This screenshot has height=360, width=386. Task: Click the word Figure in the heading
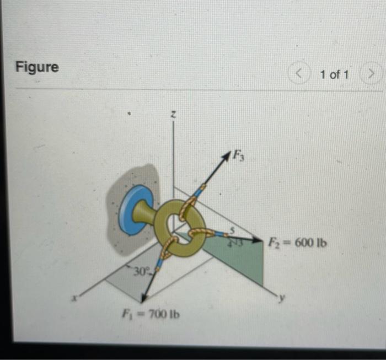37,67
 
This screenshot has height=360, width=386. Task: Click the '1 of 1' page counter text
334,73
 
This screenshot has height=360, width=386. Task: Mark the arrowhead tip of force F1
143,301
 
